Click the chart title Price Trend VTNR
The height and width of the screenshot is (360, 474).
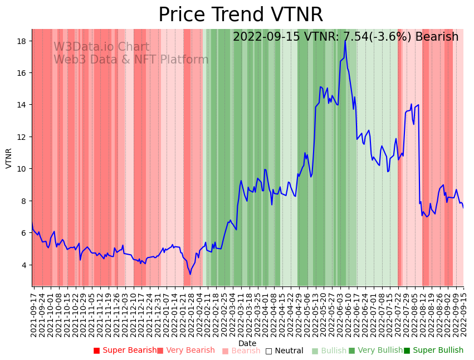241,15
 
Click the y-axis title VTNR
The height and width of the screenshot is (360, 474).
9,158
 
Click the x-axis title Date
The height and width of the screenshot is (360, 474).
247,343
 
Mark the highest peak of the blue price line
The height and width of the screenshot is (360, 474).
345,41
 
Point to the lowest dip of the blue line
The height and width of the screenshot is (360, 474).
190,274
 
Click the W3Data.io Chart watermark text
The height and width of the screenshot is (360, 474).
101,47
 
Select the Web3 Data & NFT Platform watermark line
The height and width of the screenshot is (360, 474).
131,60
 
